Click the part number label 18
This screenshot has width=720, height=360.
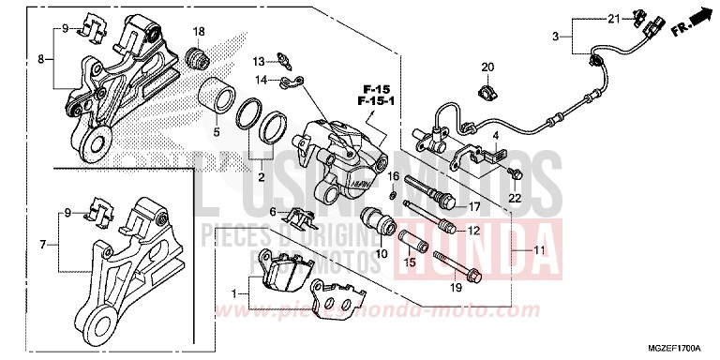(199, 32)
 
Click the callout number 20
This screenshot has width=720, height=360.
(487, 67)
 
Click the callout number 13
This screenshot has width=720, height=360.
(257, 61)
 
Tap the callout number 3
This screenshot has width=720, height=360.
(556, 37)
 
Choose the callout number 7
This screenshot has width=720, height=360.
(43, 245)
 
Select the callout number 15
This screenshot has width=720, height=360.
(410, 263)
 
